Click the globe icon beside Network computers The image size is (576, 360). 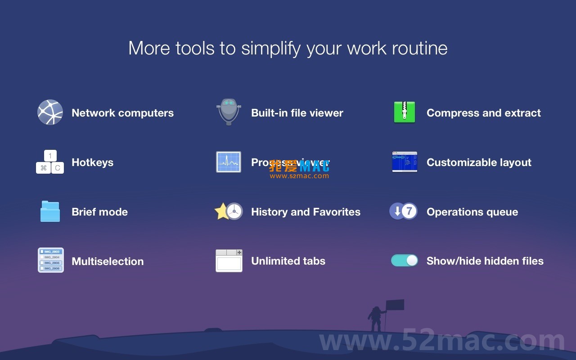click(x=50, y=112)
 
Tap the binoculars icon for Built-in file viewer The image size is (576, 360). click(x=229, y=112)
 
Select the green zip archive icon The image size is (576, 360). click(x=404, y=112)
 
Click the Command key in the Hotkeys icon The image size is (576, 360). click(x=43, y=168)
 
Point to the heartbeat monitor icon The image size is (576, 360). click(x=229, y=162)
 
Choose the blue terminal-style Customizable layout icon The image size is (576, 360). click(x=405, y=162)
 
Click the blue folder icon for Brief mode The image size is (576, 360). click(x=50, y=211)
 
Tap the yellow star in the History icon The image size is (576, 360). click(x=222, y=211)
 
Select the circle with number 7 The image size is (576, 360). click(x=409, y=211)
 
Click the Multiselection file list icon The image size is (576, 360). click(x=50, y=260)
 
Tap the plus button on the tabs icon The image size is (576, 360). click(x=239, y=252)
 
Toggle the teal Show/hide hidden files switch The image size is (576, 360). click(x=405, y=261)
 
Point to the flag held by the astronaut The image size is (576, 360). click(x=395, y=305)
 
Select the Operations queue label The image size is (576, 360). click(x=472, y=212)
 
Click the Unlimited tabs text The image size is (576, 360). click(x=288, y=261)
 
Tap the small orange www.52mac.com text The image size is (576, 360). click(x=299, y=176)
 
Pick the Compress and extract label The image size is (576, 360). click(x=483, y=113)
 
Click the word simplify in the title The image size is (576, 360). click(x=270, y=49)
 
